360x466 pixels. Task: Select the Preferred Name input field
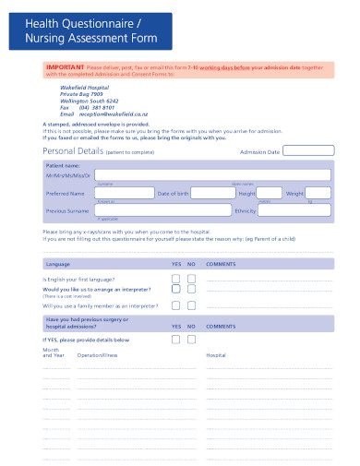tap(120, 194)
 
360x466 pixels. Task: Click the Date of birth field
tap(211, 194)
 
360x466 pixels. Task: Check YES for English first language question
tap(176, 277)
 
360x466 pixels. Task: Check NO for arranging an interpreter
tap(191, 290)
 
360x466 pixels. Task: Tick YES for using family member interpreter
tap(176, 304)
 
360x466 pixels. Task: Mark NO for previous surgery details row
tap(191, 339)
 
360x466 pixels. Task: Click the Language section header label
tap(58, 263)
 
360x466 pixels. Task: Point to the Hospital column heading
tap(216, 354)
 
